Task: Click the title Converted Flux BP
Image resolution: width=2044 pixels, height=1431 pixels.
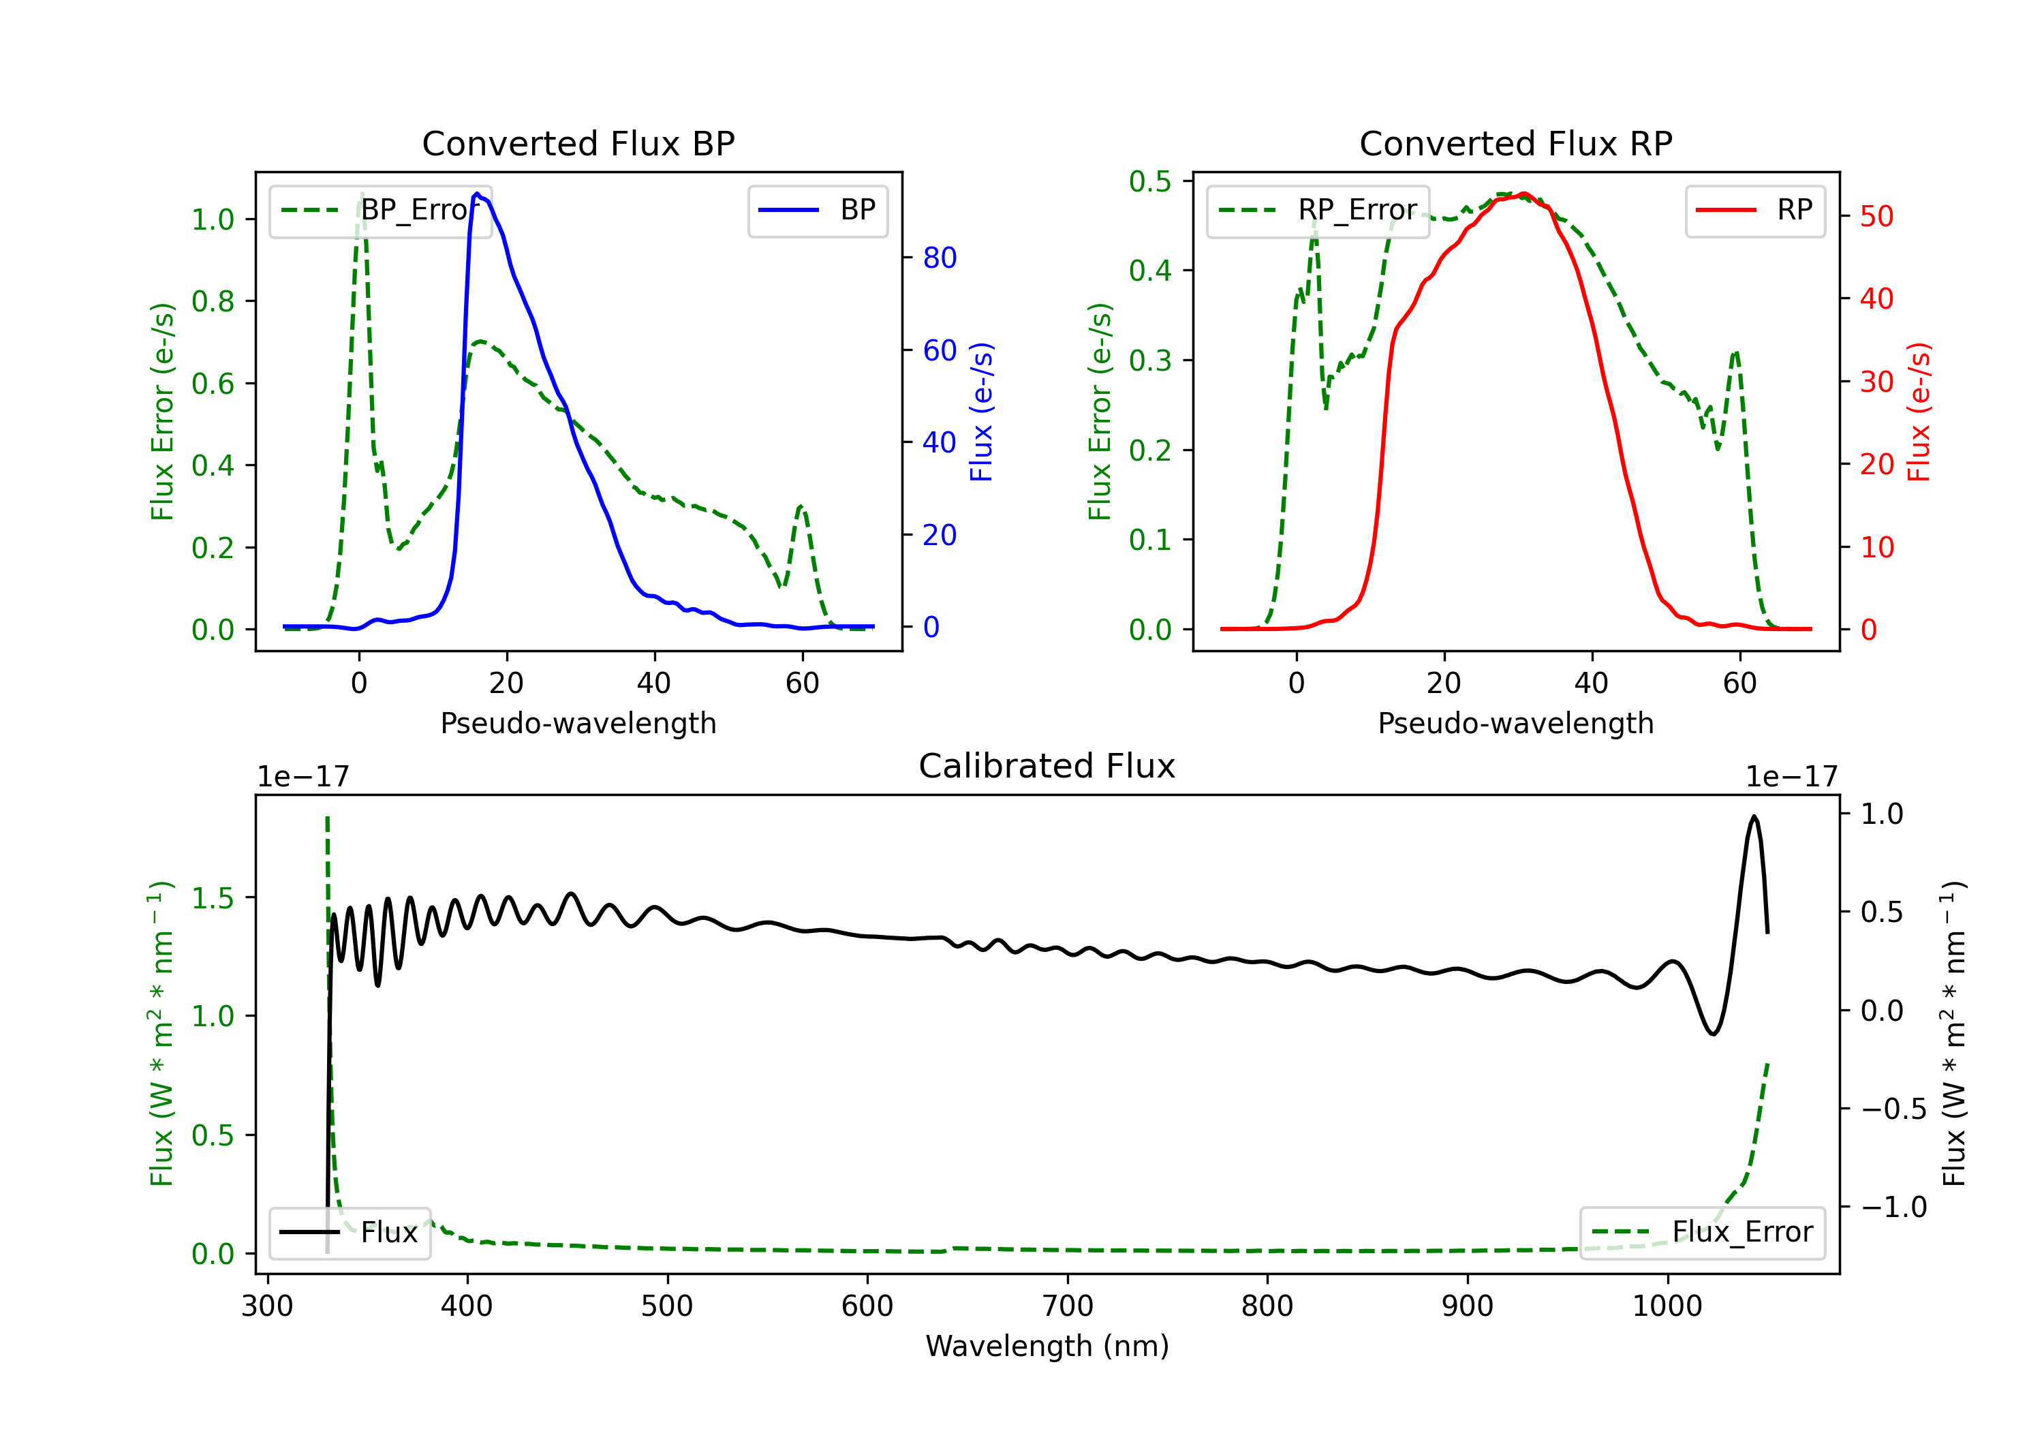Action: (578, 143)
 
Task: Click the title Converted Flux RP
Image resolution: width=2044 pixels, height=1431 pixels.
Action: (1515, 143)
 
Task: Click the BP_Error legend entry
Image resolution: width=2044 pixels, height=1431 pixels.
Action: (381, 210)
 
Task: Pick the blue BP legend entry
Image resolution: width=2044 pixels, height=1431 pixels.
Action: (817, 210)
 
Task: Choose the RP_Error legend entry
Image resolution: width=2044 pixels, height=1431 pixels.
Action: (1318, 210)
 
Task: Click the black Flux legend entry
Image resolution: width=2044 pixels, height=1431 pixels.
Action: (350, 1233)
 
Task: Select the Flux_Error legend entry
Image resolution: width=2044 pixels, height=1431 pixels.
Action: (1702, 1233)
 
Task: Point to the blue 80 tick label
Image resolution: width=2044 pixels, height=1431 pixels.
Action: (939, 258)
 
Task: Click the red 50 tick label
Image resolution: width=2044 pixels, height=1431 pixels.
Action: (1876, 217)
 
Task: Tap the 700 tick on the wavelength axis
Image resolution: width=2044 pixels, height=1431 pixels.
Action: (1068, 1306)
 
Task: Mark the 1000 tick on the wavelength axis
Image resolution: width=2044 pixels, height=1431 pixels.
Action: (1667, 1306)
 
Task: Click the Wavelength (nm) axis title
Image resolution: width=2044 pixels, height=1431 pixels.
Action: (1047, 1346)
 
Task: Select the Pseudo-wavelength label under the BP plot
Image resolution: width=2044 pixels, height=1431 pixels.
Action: (578, 723)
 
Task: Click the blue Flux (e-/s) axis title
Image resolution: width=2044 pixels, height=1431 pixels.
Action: (981, 412)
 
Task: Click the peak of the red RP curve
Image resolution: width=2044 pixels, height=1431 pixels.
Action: (1524, 194)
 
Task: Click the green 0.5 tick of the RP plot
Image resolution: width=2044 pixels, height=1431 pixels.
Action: (1150, 182)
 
